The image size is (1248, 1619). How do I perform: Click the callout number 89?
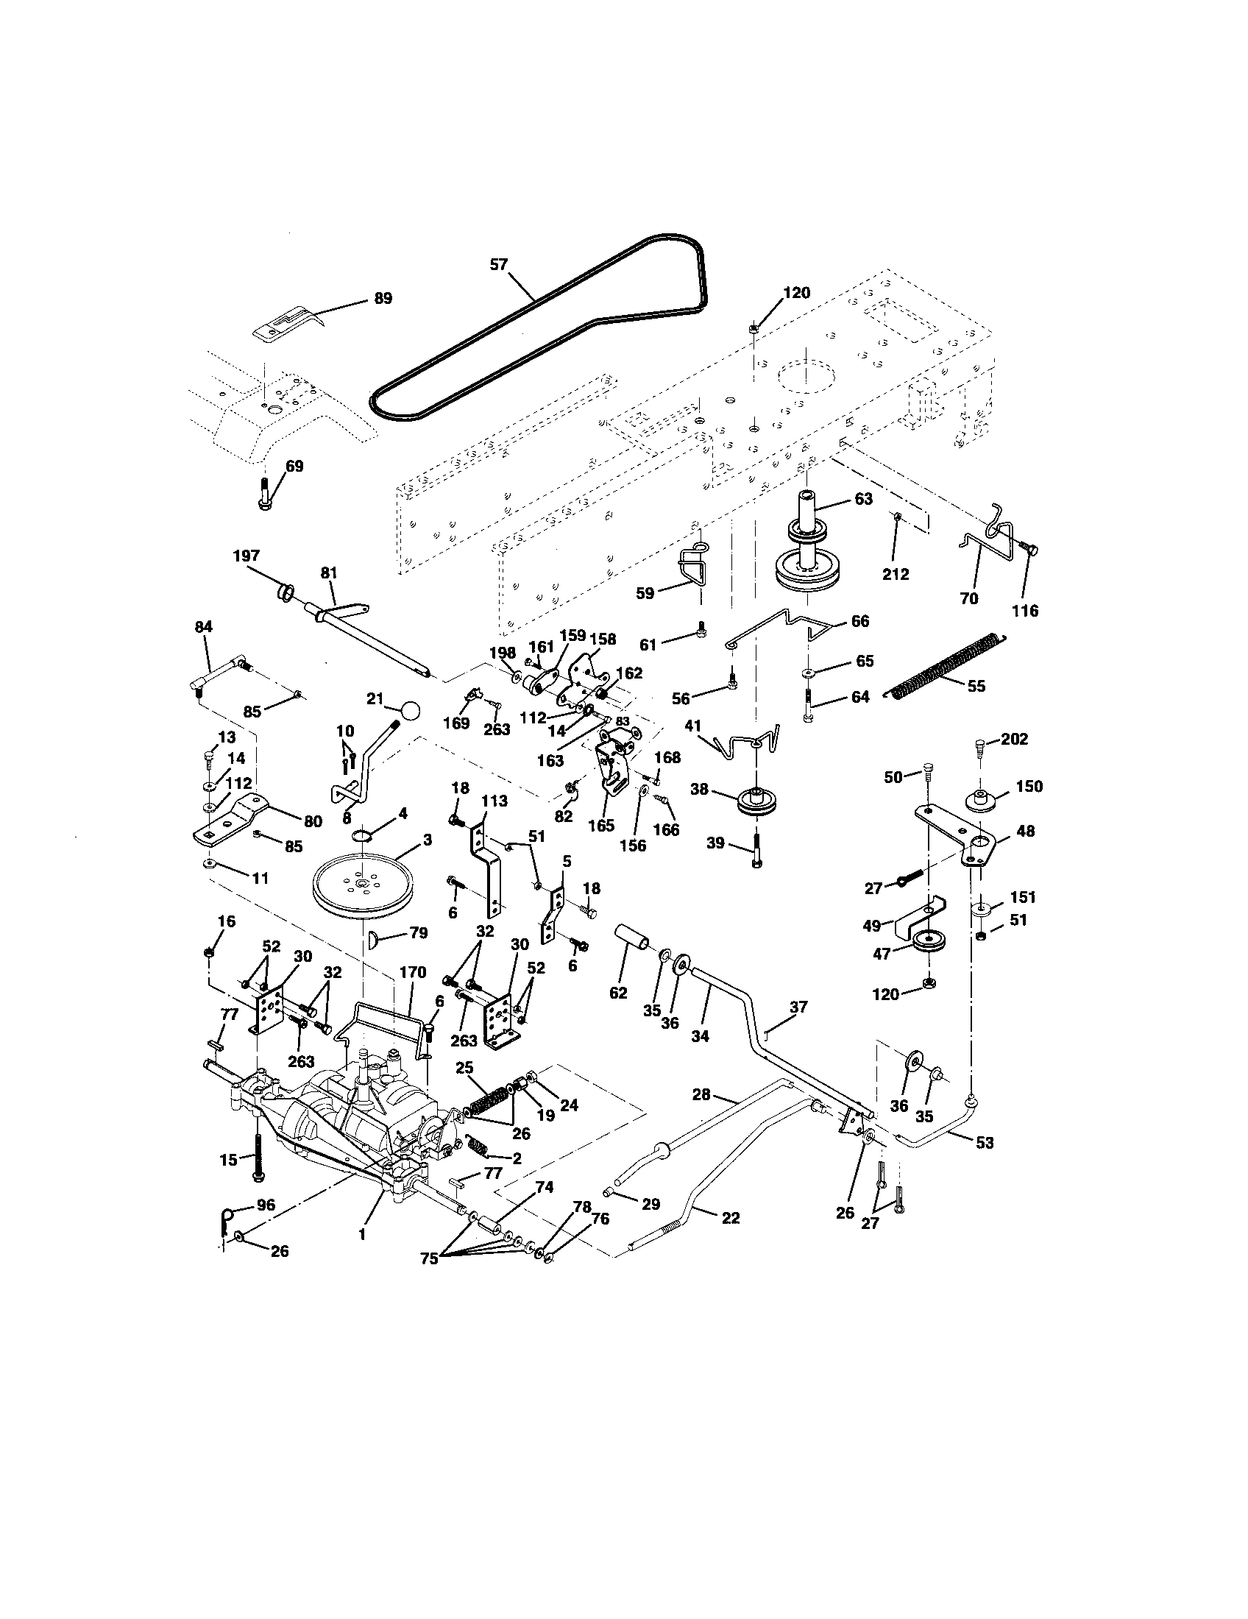[383, 299]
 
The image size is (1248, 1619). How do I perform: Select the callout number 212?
[896, 574]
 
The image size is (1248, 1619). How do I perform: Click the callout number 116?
[1025, 611]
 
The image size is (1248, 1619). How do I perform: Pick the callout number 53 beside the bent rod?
[984, 1143]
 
